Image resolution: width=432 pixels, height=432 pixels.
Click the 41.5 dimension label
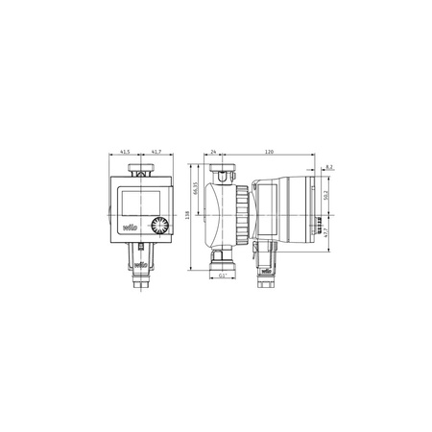[x=125, y=153]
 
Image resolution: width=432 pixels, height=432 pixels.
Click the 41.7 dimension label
[x=156, y=153]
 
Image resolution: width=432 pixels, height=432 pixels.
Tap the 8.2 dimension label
[x=329, y=167]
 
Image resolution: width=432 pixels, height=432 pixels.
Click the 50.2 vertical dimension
[x=325, y=195]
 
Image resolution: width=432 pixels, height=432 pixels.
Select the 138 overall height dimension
[x=187, y=216]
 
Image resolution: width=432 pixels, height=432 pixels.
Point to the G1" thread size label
[x=223, y=276]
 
